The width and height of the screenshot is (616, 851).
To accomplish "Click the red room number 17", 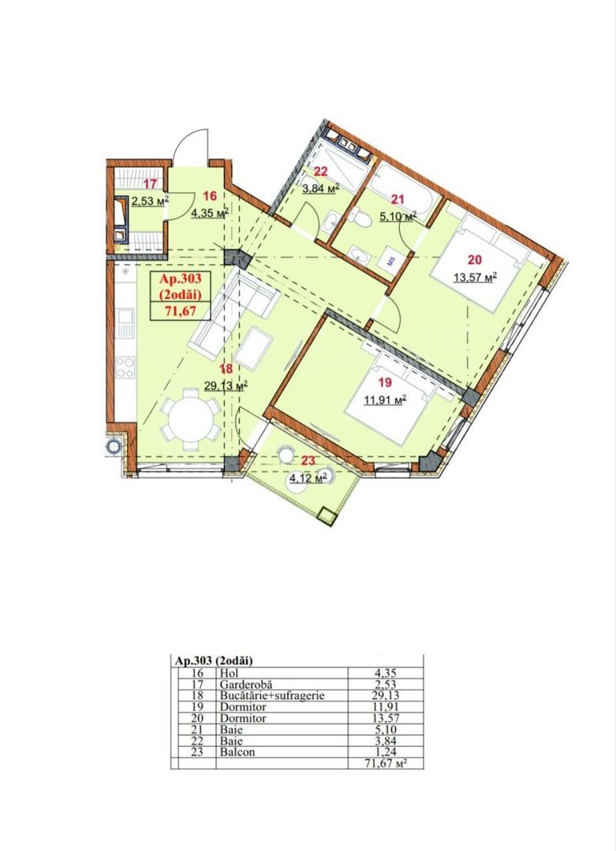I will pyautogui.click(x=149, y=184).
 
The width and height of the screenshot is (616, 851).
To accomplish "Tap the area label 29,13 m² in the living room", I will pyautogui.click(x=226, y=385).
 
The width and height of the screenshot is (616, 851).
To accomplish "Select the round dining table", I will pyautogui.click(x=189, y=420).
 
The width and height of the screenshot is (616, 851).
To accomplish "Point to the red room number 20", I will pyautogui.click(x=474, y=262).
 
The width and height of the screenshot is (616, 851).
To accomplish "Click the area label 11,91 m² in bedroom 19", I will pyautogui.click(x=384, y=400).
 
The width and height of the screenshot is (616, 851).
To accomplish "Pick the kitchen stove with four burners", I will pyautogui.click(x=125, y=366).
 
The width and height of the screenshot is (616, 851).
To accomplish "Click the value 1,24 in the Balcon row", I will pyautogui.click(x=386, y=752).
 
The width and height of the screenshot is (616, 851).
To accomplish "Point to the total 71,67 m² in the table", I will pyautogui.click(x=388, y=764).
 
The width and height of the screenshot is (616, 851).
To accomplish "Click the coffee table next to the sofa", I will pyautogui.click(x=259, y=348).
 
